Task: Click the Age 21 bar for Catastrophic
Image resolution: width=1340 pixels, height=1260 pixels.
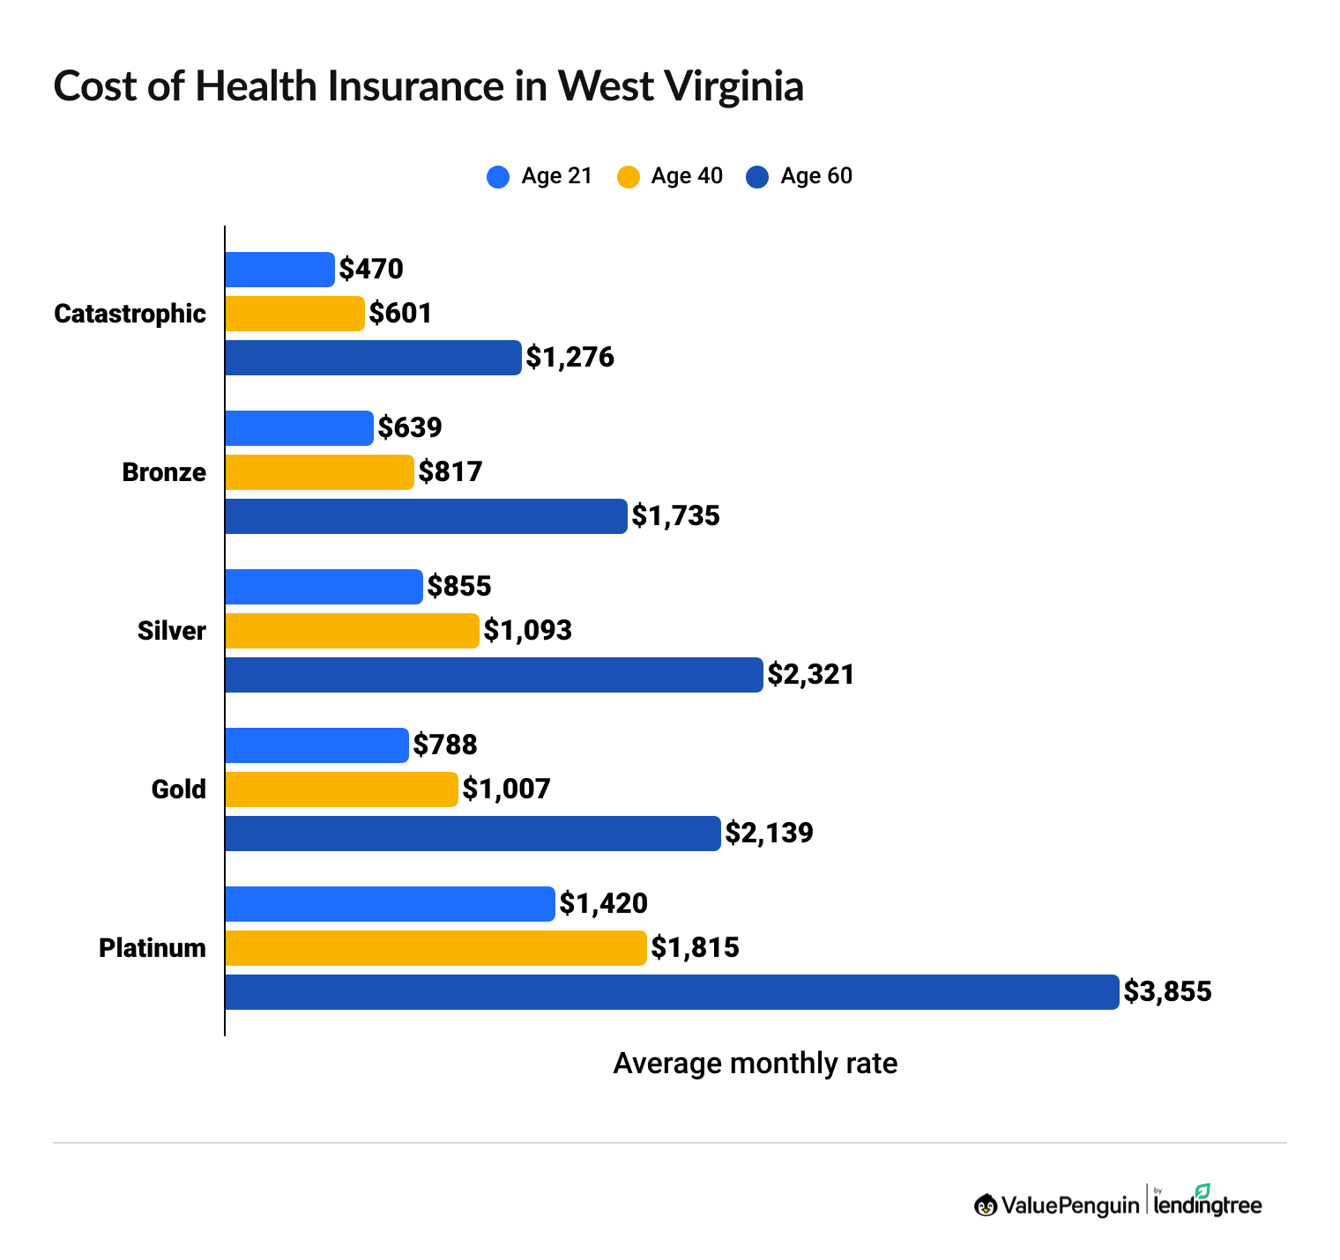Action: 279,270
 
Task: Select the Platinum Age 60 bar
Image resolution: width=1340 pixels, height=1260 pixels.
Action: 672,992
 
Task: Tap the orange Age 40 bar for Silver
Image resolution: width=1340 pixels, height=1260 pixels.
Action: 352,631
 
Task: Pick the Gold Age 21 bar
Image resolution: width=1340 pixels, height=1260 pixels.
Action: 316,745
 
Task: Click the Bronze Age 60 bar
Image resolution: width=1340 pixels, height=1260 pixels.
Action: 426,516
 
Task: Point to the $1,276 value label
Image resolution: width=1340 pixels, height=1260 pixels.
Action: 569,358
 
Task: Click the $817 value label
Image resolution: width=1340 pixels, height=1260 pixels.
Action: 450,472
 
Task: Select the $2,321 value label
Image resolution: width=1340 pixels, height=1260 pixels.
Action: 811,675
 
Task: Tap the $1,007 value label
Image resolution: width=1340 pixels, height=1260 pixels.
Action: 506,789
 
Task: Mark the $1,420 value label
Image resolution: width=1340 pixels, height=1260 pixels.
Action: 604,903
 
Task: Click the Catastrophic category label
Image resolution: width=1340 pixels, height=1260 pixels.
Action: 130,314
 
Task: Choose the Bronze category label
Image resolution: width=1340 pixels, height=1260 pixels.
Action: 164,472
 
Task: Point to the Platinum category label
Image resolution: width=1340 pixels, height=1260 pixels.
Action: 153,948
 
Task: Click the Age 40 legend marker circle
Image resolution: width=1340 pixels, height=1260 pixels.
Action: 628,176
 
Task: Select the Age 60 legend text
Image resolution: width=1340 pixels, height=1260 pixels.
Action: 816,176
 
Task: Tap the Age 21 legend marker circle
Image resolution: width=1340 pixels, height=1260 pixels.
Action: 498,176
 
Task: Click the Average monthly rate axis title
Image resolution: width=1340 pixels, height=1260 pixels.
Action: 755,1064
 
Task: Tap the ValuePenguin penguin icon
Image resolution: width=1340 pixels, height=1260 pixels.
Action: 986,1204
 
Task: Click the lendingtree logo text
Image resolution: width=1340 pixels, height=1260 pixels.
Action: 1207,1204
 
